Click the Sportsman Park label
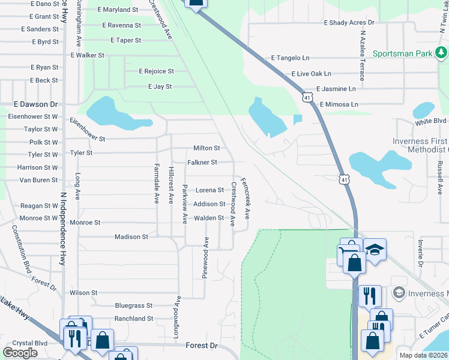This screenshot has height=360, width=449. pyautogui.click(x=402, y=53)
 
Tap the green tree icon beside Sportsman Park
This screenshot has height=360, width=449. pyautogui.click(x=442, y=53)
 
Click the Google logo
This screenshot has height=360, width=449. pyautogui.click(x=20, y=353)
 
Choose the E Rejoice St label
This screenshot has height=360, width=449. pyautogui.click(x=156, y=71)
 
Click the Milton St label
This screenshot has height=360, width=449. pyautogui.click(x=206, y=148)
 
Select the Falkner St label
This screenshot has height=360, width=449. pyautogui.click(x=202, y=163)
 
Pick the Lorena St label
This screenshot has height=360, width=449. pyautogui.click(x=209, y=190)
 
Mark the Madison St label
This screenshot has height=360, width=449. pyautogui.click(x=131, y=237)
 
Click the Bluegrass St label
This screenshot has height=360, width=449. pyautogui.click(x=134, y=305)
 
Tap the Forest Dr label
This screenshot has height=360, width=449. pyautogui.click(x=202, y=346)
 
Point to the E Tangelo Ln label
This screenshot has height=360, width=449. pyautogui.click(x=290, y=58)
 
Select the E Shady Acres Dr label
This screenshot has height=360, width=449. pyautogui.click(x=349, y=23)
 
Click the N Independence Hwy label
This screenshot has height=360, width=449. pyautogui.click(x=62, y=229)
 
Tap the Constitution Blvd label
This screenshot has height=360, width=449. pyautogui.click(x=20, y=249)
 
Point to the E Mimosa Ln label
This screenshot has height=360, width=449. pyautogui.click(x=339, y=104)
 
